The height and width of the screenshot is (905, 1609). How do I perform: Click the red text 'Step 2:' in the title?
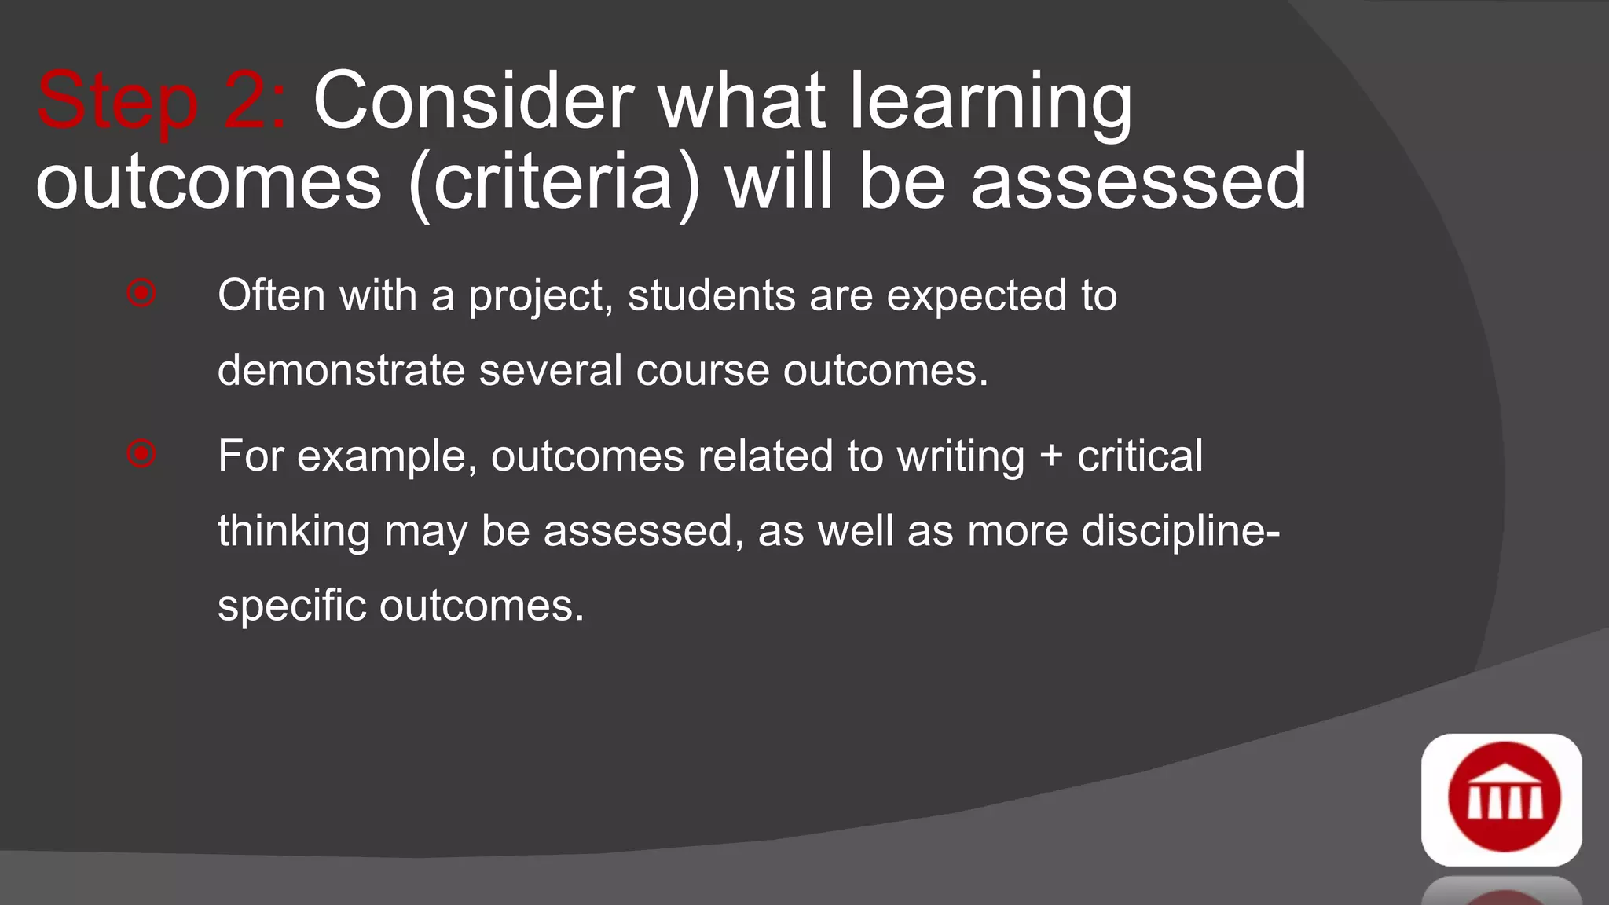coord(161,102)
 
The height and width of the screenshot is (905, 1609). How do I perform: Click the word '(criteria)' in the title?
coord(554,182)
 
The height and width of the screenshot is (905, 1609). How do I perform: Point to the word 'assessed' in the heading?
coord(1138,182)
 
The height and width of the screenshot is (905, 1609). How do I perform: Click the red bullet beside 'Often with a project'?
coord(141,293)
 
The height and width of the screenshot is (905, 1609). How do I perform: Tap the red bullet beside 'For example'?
coord(141,453)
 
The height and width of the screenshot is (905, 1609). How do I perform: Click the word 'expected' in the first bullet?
coord(977,297)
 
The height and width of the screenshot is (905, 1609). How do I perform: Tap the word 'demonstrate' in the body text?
coord(341,370)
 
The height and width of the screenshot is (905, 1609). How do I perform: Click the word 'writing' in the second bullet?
coord(961,457)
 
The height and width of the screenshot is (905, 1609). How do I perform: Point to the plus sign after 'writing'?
coord(1050,457)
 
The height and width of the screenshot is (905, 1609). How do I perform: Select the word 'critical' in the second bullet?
coord(1139,456)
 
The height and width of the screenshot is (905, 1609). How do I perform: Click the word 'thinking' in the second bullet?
coord(294,532)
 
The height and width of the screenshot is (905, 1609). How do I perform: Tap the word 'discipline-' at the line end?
coord(1181,532)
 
